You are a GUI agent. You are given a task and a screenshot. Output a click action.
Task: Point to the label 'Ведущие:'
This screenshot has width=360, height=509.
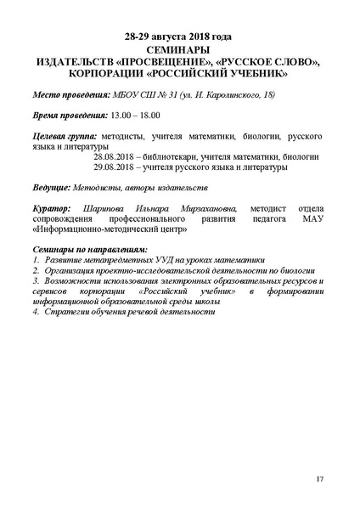(50, 185)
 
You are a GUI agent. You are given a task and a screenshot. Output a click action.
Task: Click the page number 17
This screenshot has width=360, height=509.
(319, 480)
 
